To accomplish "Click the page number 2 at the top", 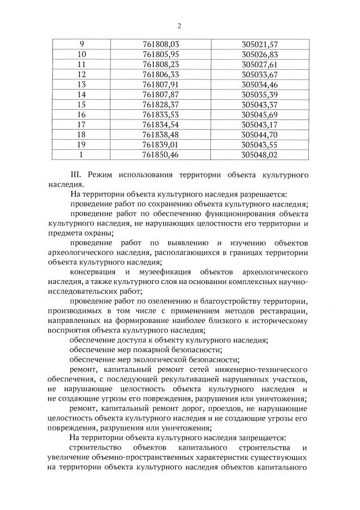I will tap(179, 25).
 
